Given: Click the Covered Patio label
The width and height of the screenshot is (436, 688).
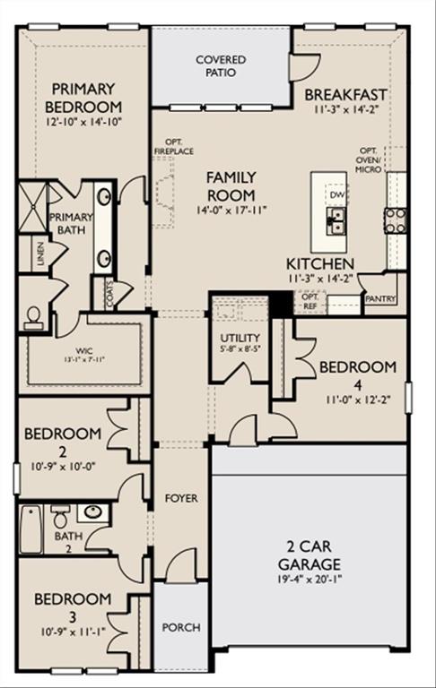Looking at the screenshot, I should pos(221,65).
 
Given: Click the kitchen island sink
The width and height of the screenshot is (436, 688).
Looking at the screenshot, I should pos(337,220).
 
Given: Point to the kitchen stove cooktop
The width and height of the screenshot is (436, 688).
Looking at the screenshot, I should pos(395,219).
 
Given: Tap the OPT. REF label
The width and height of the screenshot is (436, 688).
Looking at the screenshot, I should pos(310,302).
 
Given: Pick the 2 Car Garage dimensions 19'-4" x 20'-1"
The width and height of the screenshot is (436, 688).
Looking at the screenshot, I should pos(308,579).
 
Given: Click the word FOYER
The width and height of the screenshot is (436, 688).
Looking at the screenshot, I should pos(181,497).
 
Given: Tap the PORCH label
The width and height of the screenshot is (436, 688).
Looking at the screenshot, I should pos(180,627).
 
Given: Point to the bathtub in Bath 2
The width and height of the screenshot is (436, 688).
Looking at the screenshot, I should pos(31,532).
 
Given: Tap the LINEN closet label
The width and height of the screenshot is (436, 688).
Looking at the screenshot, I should pos(39,254).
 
